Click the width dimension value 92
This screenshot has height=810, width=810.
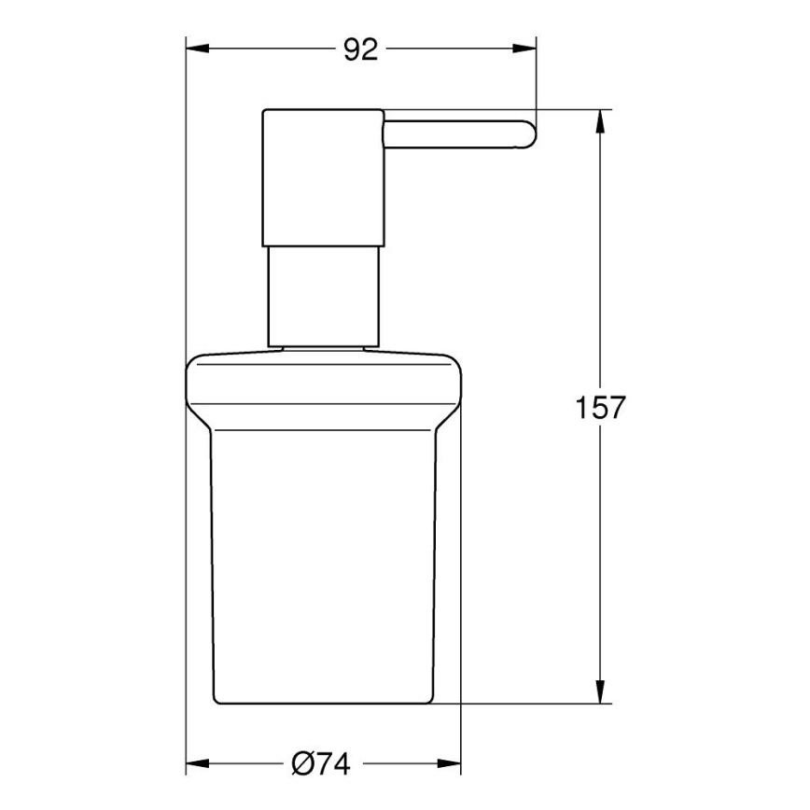coord(360,50)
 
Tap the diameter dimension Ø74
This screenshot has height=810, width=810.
coord(321,764)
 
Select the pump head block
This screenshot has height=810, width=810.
coord(323,177)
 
